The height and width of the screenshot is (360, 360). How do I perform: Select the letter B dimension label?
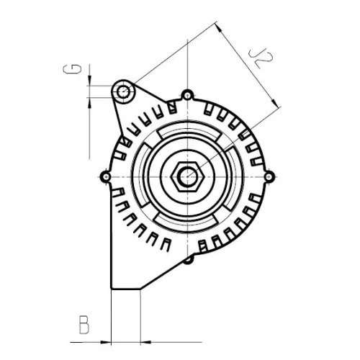pyautogui.click(x=84, y=325)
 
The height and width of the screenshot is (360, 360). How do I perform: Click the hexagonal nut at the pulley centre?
pyautogui.click(x=187, y=175)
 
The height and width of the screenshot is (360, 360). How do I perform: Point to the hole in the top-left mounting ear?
pyautogui.click(x=125, y=91)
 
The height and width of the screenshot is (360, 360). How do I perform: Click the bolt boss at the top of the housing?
pyautogui.click(x=187, y=95)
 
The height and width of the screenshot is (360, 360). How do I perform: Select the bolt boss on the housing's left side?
pyautogui.click(x=107, y=176)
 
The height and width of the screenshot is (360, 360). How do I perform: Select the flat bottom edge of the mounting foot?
pyautogui.click(x=125, y=290)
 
